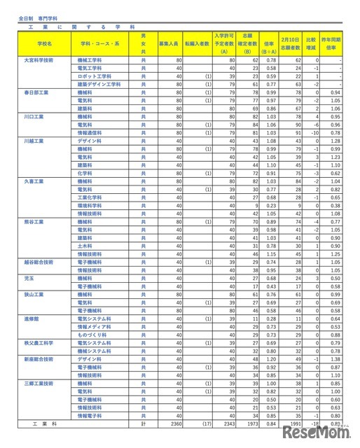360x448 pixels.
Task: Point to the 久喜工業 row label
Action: [34, 181]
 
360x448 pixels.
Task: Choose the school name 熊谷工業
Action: [34, 221]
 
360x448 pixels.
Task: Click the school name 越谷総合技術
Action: [38, 262]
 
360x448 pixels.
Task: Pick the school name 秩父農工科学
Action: [38, 343]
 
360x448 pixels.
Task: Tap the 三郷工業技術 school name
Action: [38, 384]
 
